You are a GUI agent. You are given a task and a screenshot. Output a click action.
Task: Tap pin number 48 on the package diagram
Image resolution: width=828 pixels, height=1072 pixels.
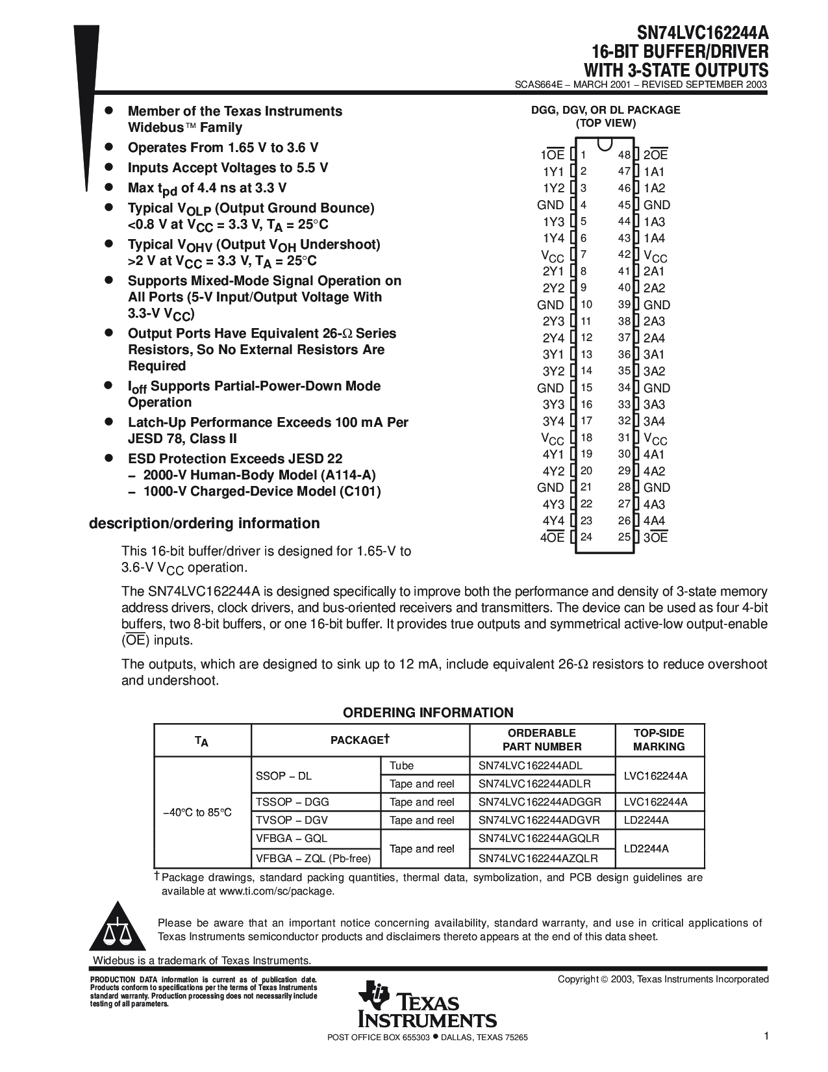(624, 155)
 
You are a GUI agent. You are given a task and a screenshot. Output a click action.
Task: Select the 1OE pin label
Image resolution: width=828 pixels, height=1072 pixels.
(553, 155)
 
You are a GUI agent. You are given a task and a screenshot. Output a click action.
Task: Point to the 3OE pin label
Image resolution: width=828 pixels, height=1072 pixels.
(655, 537)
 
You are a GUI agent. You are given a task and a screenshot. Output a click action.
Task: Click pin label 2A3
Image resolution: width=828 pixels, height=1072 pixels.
(654, 321)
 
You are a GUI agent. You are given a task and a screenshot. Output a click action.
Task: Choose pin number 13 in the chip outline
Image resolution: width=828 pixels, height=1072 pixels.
(586, 354)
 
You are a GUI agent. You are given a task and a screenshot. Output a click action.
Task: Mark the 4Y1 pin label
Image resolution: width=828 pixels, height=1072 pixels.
(553, 454)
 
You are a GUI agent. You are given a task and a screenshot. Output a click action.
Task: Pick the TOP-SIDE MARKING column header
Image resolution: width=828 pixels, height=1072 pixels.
(659, 739)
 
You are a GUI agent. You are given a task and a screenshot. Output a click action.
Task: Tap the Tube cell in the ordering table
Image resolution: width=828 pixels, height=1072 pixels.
(401, 765)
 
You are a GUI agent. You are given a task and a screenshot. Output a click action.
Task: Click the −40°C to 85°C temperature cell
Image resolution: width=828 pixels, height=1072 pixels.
(197, 812)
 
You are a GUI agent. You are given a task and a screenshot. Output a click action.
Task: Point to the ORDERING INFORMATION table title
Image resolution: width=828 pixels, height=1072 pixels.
(428, 712)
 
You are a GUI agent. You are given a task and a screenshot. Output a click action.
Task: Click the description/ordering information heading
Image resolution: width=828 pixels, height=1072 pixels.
(204, 523)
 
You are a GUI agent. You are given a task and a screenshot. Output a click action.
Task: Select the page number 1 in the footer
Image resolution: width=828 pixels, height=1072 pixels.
(766, 1038)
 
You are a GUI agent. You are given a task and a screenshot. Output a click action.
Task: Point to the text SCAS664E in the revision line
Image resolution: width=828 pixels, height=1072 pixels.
(539, 84)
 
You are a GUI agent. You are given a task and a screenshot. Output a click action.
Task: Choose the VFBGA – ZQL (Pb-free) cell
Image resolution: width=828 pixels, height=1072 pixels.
(314, 858)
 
